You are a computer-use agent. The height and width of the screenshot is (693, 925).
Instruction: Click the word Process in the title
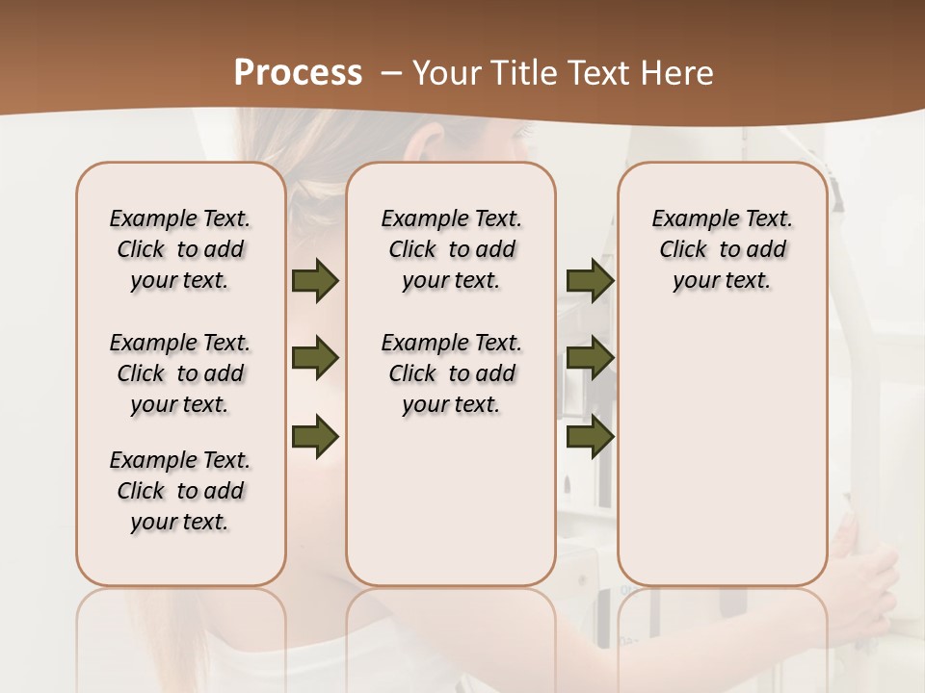298,73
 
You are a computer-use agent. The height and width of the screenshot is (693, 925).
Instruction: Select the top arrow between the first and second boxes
315,281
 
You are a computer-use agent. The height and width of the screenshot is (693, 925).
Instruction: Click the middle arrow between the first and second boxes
315,359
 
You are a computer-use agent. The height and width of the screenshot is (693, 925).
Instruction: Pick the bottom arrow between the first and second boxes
315,436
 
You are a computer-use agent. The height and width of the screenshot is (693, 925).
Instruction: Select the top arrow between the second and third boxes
590,281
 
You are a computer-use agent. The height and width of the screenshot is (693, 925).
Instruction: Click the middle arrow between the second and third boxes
590,359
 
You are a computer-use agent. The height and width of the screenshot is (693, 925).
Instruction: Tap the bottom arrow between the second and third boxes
590,436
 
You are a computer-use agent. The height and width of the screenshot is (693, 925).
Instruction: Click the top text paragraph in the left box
180,249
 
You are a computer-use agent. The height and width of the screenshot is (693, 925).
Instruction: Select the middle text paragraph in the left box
180,373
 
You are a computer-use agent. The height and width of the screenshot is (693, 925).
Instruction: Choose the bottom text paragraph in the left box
180,491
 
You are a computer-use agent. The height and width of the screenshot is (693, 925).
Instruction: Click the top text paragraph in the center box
451,249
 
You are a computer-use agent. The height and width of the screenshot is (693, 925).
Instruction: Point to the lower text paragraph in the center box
451,373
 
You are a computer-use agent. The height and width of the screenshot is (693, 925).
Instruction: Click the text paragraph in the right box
723,249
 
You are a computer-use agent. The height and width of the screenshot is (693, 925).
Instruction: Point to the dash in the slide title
391,73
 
